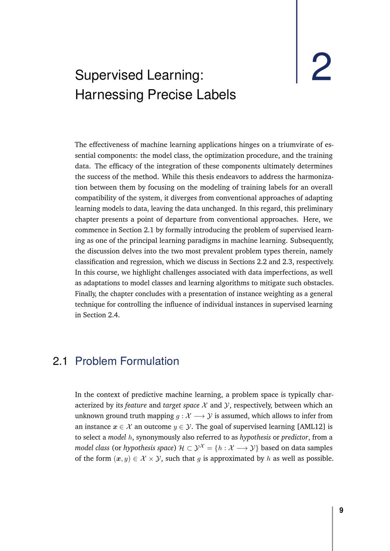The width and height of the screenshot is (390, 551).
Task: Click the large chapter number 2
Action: tap(321, 68)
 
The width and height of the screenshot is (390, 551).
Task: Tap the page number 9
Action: tap(341, 510)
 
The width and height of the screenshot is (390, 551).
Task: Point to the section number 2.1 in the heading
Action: tap(60, 361)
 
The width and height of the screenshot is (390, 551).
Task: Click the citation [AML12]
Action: tap(311, 427)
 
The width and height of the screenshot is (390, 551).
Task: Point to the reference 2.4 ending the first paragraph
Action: tap(113, 315)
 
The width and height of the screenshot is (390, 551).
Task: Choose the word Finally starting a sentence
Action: tap(86, 294)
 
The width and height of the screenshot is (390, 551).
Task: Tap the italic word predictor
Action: tap(294, 437)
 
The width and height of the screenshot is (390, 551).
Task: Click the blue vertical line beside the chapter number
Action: tap(297, 41)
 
